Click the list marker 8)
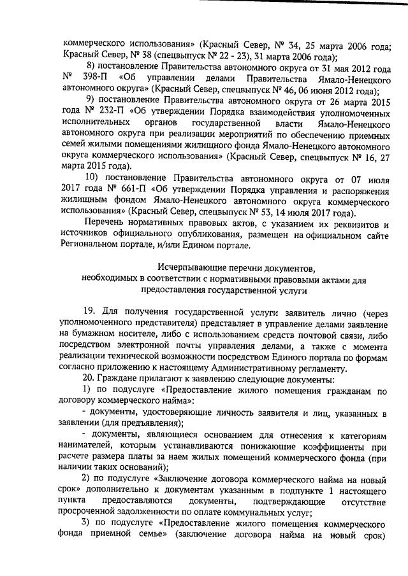point(91,67)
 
